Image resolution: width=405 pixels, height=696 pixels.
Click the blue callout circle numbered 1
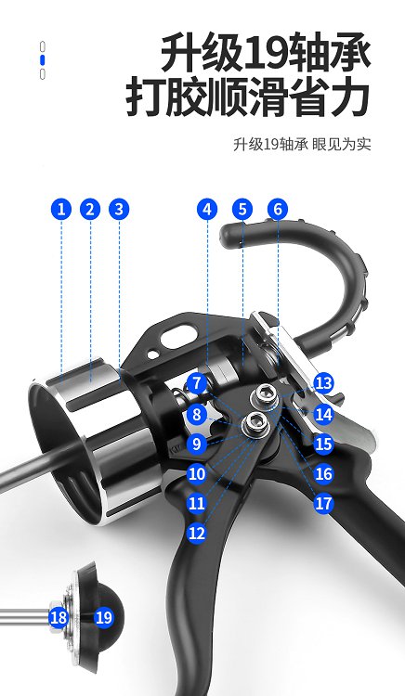coord(61,209)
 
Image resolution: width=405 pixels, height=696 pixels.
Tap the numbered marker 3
coord(119,209)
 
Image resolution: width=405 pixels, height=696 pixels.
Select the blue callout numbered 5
coord(242,209)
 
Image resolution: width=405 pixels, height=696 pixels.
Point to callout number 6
coord(278,209)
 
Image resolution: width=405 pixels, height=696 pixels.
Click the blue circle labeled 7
coord(197,383)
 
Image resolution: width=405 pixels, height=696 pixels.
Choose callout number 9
coord(197,444)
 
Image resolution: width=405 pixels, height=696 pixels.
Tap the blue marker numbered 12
coord(197,533)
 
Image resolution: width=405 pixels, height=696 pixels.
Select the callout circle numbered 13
coord(324,383)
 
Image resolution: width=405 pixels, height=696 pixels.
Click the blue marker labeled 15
coord(324,444)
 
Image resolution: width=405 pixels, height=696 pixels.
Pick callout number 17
coord(324,503)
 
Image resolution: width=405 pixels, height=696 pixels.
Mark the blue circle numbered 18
coord(59,617)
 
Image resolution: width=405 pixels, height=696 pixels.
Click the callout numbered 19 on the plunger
coord(104,617)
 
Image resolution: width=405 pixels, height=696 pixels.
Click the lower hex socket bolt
coord(255,424)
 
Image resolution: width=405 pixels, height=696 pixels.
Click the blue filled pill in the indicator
coord(43,60)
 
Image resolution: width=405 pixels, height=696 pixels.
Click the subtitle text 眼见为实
coord(341,145)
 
